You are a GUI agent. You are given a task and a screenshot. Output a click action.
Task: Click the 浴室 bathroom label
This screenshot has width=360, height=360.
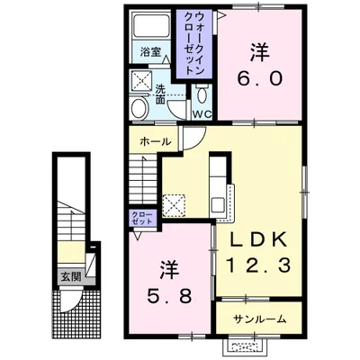click(x=150, y=52)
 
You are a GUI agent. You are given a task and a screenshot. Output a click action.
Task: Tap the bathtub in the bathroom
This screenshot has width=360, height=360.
click(x=151, y=26)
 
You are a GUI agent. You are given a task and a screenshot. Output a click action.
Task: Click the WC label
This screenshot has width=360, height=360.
click(x=202, y=114)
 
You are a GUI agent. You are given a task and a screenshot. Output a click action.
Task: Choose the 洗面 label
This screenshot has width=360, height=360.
click(x=160, y=94)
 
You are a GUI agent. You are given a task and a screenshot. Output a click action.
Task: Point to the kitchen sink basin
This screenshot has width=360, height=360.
click(x=217, y=205)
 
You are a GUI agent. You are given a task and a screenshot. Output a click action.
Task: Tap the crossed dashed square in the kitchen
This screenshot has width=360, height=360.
click(x=174, y=205)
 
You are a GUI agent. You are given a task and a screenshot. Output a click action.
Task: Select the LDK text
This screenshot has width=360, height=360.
click(x=258, y=239)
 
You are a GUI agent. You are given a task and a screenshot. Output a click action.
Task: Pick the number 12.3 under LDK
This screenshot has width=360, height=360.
click(x=258, y=265)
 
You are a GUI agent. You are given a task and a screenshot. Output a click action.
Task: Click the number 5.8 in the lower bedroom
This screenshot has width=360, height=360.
click(x=169, y=297)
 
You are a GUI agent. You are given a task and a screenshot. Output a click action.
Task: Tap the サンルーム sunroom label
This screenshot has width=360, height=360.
click(x=260, y=319)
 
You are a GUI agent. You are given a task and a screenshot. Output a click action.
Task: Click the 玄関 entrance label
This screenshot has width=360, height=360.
click(x=71, y=277)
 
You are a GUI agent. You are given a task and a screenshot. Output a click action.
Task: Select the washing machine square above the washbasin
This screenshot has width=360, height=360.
click(x=141, y=81)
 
